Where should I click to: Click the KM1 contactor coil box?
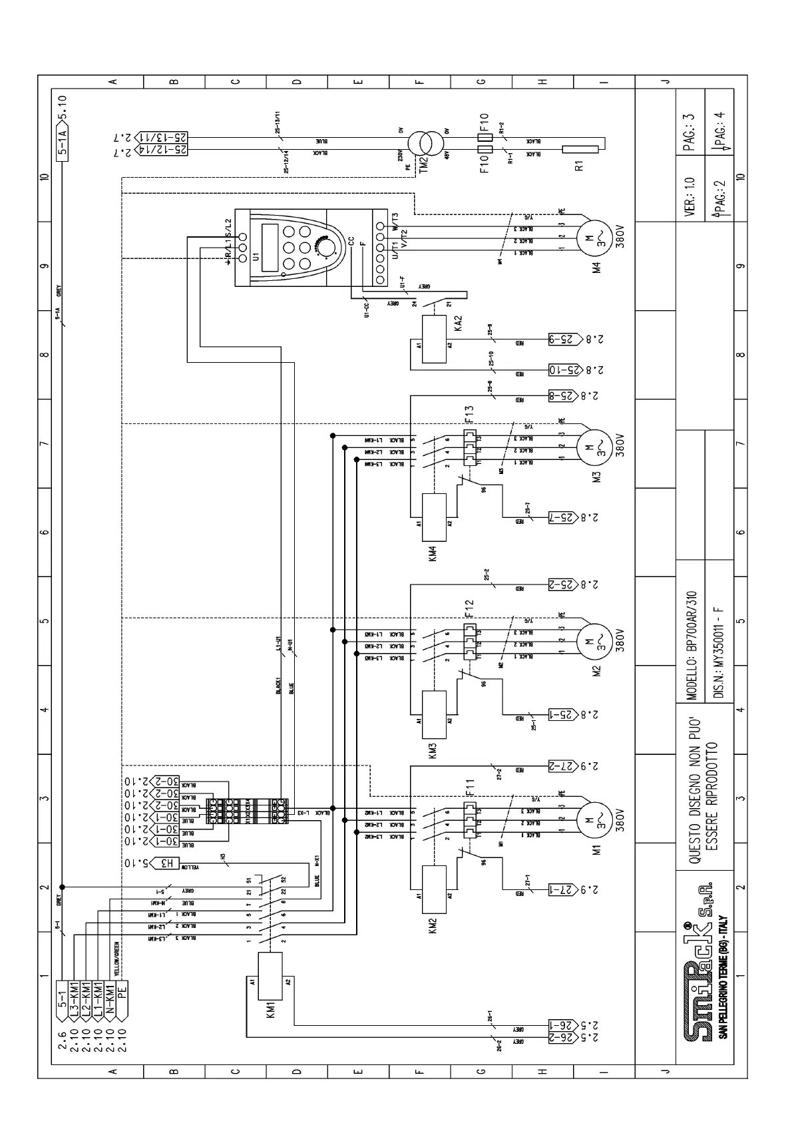[x=270, y=972]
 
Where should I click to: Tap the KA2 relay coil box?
[x=434, y=339]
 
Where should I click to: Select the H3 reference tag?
[x=166, y=863]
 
